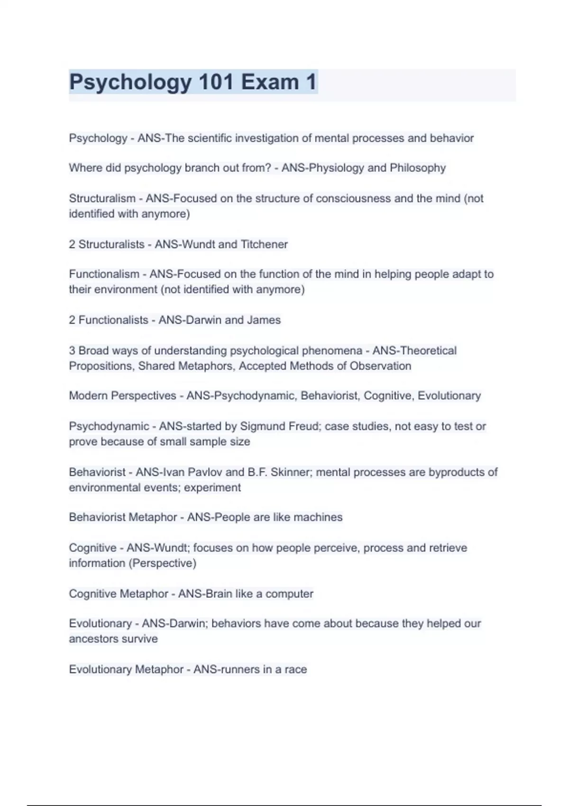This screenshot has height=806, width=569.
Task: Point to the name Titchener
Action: (264, 244)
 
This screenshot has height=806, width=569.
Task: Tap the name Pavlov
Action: (205, 472)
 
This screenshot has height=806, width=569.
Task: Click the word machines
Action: (318, 517)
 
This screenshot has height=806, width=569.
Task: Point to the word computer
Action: (289, 594)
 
